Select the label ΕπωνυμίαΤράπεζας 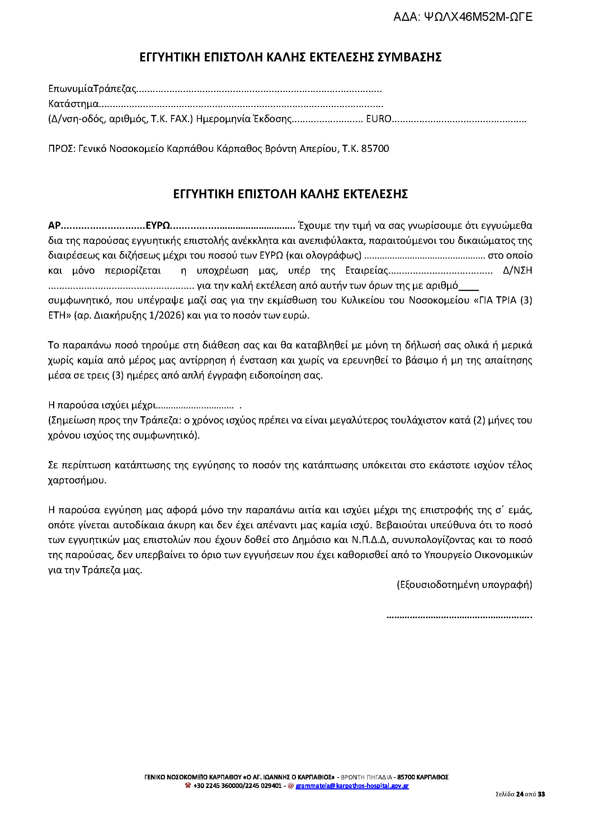tap(93, 89)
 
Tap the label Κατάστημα tap(74, 104)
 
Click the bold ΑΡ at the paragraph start tap(54, 225)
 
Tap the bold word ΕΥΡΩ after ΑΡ tap(158, 225)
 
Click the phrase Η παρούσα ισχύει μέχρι tap(102, 405)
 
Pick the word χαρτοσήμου tap(77, 480)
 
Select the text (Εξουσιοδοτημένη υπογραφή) tap(464, 585)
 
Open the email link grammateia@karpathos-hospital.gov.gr tap(352, 785)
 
